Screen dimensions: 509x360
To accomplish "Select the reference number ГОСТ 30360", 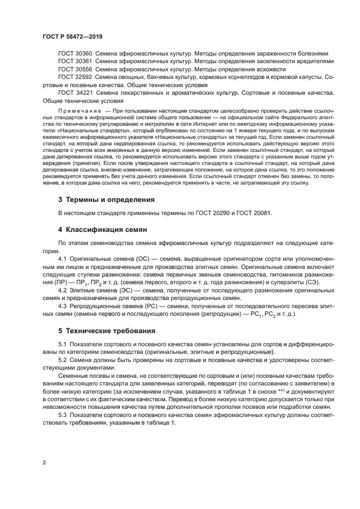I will tap(75, 54).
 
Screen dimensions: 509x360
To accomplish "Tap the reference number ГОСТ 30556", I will tap(75, 70).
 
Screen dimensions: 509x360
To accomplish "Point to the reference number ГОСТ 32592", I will tap(75, 78).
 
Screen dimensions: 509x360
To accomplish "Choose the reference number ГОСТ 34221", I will tap(75, 94).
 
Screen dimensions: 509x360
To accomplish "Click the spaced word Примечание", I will tap(80, 110).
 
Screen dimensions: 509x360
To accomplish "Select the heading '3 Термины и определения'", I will tap(106, 200).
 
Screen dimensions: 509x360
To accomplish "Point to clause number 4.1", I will tap(62, 258).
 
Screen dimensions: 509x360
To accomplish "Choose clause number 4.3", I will tap(62, 306).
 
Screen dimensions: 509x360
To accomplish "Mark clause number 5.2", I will tap(62, 361).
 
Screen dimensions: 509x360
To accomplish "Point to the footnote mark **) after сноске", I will tap(283, 391).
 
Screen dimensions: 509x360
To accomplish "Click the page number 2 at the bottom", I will tap(44, 463).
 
